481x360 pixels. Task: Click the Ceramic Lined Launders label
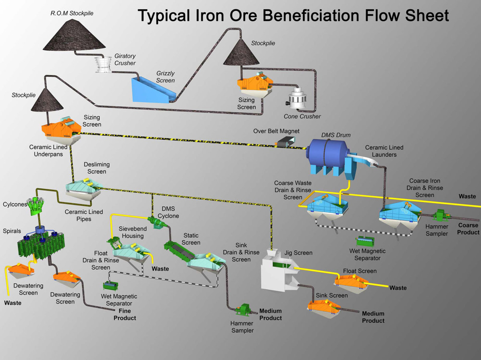click(384, 151)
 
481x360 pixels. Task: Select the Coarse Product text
click(468, 229)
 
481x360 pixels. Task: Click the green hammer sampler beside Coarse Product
click(441, 216)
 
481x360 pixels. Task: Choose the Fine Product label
click(125, 314)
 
